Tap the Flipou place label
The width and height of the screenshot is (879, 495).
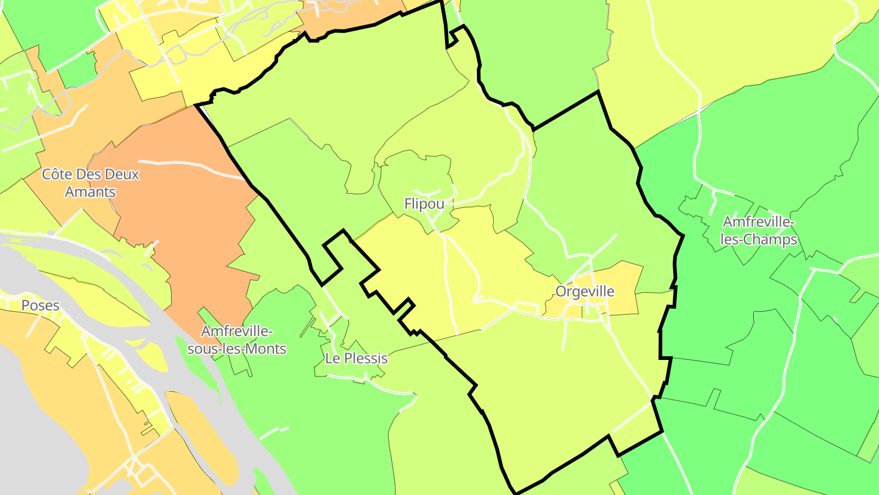424,204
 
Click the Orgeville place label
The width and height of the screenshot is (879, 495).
584,291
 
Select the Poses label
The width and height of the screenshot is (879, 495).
40,306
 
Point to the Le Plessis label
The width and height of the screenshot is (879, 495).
356,358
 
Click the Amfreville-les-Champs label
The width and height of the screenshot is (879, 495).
759,230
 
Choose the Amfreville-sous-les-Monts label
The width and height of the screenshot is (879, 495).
237,340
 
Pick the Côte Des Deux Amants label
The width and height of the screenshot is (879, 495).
90,183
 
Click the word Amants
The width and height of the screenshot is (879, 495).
90,192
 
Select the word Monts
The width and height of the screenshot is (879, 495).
264,350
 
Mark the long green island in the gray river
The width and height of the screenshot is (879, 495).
201,367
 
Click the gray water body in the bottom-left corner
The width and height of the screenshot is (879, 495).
37,440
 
